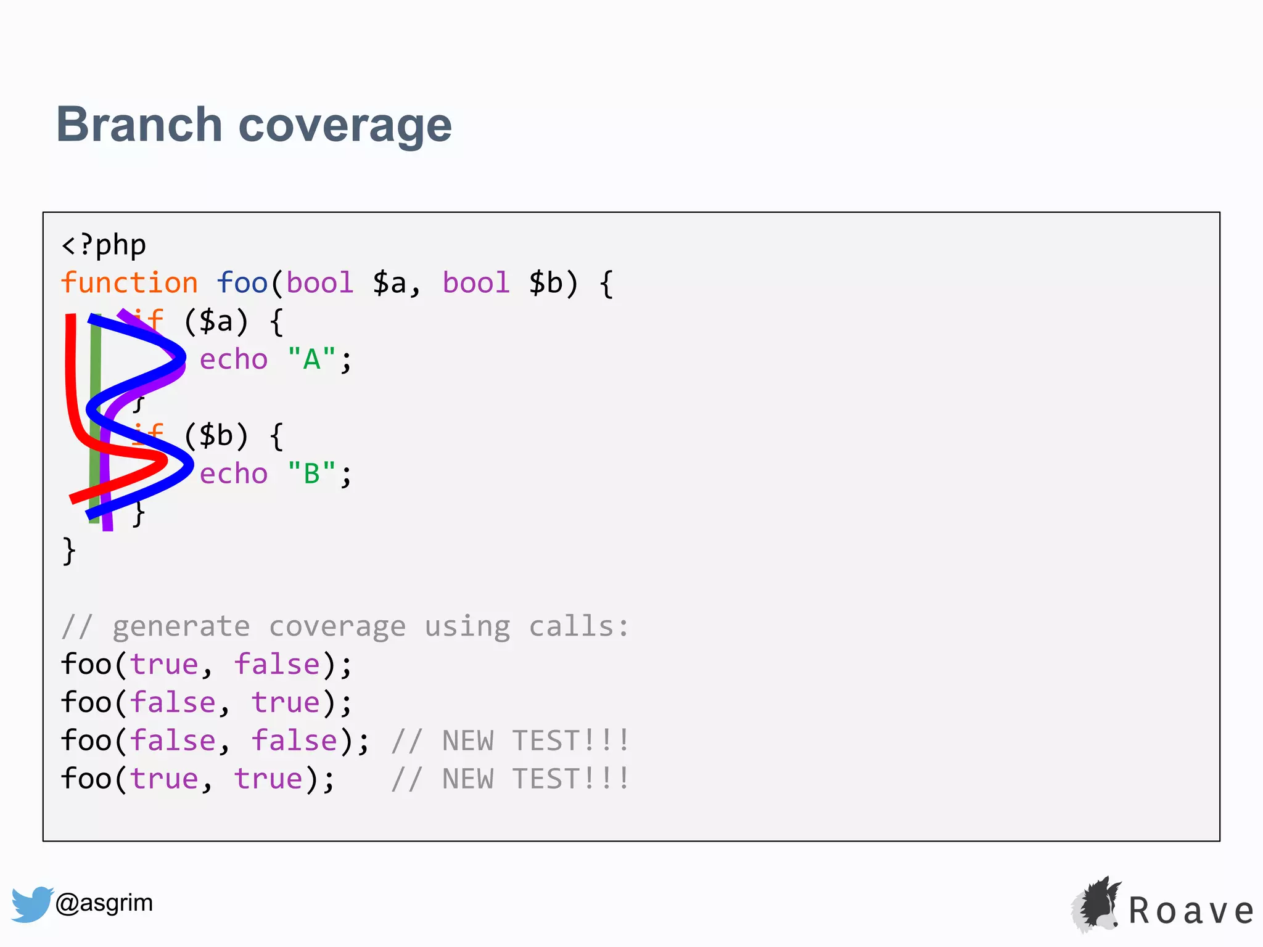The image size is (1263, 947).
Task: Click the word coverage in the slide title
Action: pos(345,126)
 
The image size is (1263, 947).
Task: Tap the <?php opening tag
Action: pos(104,245)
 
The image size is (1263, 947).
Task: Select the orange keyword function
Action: pos(130,283)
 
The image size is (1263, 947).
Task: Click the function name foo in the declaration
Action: pos(242,283)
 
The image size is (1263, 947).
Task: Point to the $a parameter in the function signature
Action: pos(390,283)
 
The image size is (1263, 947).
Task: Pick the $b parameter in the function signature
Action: pos(546,283)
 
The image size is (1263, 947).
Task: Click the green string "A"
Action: pos(311,359)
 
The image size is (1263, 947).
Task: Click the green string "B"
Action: pos(311,473)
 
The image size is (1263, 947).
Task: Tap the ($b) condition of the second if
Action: pos(216,435)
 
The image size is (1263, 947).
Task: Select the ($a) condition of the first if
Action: pos(216,321)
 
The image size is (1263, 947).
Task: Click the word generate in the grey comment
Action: pos(181,626)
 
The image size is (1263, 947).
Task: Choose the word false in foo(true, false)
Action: pos(277,665)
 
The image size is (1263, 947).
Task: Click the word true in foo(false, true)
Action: pos(286,703)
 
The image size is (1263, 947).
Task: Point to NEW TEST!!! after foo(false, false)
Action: pos(535,741)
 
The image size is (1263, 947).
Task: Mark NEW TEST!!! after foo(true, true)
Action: pos(535,779)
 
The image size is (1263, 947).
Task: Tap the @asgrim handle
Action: pos(104,903)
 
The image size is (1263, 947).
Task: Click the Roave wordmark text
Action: pos(1191,911)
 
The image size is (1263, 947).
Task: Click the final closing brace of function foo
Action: pos(68,550)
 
